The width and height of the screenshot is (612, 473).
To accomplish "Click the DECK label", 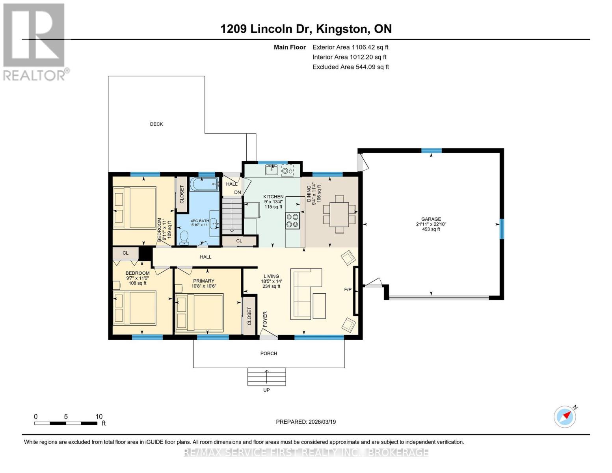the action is coord(156,124).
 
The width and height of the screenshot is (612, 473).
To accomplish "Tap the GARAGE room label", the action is coord(431,219).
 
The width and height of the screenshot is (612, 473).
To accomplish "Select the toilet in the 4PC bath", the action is coord(184,238).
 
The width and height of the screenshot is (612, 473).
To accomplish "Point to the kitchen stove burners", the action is coord(292,221).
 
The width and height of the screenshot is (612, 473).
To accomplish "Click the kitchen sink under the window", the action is coord(272,170).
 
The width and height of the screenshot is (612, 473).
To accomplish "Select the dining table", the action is coord(339,214).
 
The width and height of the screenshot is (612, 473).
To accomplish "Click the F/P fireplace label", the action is coord(348,289).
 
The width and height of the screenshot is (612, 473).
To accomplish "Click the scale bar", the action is coord(66,423).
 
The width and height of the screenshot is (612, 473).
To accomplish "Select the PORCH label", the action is coord(269,353).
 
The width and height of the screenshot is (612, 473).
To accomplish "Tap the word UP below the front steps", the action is coord(266,390).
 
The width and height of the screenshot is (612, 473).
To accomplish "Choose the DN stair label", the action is coord(238,192).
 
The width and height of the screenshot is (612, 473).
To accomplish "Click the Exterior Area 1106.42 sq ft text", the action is coord(350,47).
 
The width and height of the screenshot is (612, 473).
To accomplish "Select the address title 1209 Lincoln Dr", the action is coord(266,29).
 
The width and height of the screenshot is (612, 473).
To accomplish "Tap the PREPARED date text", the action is coord(306,422).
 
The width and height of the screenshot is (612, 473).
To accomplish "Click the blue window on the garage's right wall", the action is coord(502,229).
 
